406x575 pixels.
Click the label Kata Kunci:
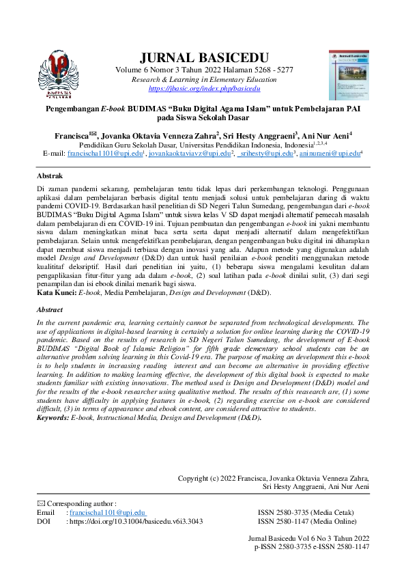click(x=57, y=292)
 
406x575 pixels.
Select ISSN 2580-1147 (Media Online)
click(x=315, y=521)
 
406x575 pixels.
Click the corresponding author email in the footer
click(x=105, y=512)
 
